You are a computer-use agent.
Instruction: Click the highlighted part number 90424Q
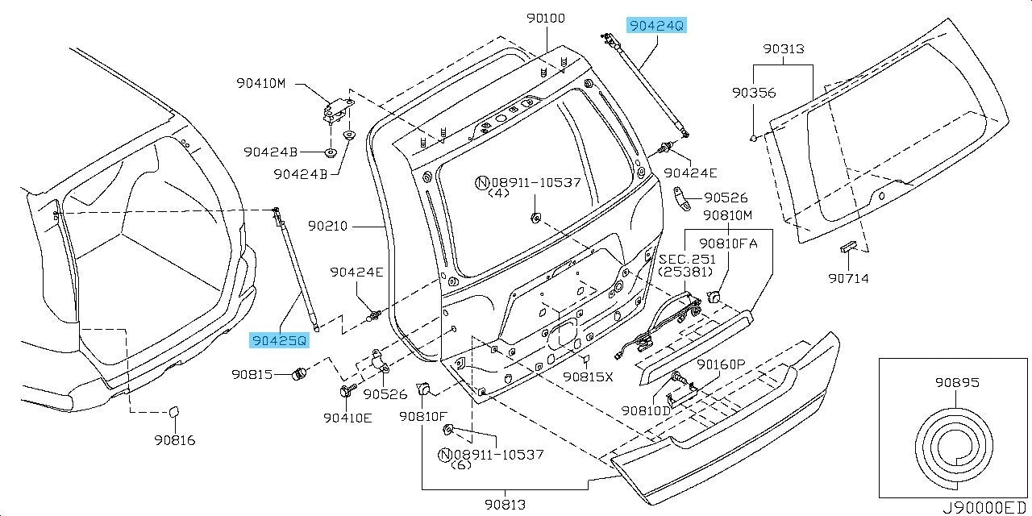click(x=657, y=26)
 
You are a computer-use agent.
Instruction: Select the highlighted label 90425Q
click(x=279, y=341)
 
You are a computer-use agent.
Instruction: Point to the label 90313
click(x=783, y=49)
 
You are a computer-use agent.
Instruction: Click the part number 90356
click(x=753, y=93)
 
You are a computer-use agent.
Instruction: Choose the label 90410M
click(x=261, y=82)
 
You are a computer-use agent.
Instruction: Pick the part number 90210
click(x=327, y=226)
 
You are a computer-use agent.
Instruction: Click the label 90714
click(x=847, y=279)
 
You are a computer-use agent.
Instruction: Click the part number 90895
click(x=957, y=382)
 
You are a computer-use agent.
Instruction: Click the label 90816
click(x=173, y=440)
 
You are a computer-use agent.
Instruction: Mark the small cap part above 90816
click(x=173, y=413)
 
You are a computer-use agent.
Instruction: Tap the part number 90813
click(x=505, y=505)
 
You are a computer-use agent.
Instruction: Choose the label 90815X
click(x=588, y=377)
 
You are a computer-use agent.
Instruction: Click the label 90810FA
click(x=728, y=243)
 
